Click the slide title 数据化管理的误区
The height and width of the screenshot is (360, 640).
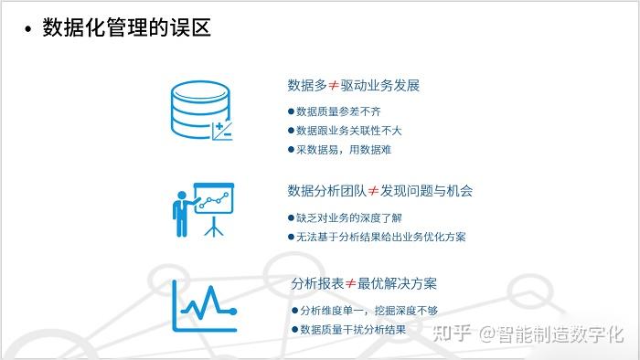pos(127,28)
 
